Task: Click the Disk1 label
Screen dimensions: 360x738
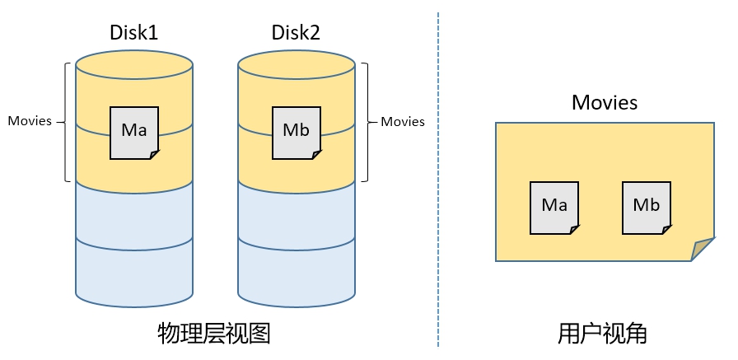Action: [133, 33]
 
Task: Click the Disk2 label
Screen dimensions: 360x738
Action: [296, 33]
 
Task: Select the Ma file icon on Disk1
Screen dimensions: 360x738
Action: [134, 132]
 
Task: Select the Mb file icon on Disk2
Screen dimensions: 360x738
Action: [296, 132]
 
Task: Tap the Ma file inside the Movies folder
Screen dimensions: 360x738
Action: [554, 206]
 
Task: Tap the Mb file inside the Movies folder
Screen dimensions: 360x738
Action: [647, 206]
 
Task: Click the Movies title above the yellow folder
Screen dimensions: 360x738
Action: [605, 103]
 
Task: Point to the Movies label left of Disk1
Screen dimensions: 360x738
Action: [30, 121]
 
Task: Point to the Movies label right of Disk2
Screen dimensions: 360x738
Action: [402, 121]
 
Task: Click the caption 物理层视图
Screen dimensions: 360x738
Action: [214, 334]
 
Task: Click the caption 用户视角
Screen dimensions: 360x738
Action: [602, 334]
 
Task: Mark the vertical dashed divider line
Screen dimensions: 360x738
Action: [438, 181]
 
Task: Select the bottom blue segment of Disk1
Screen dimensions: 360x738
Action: [134, 272]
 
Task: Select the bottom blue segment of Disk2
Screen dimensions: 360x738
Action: [296, 272]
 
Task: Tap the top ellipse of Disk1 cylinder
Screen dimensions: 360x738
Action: [134, 63]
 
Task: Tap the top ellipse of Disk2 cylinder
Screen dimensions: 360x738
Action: [296, 63]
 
